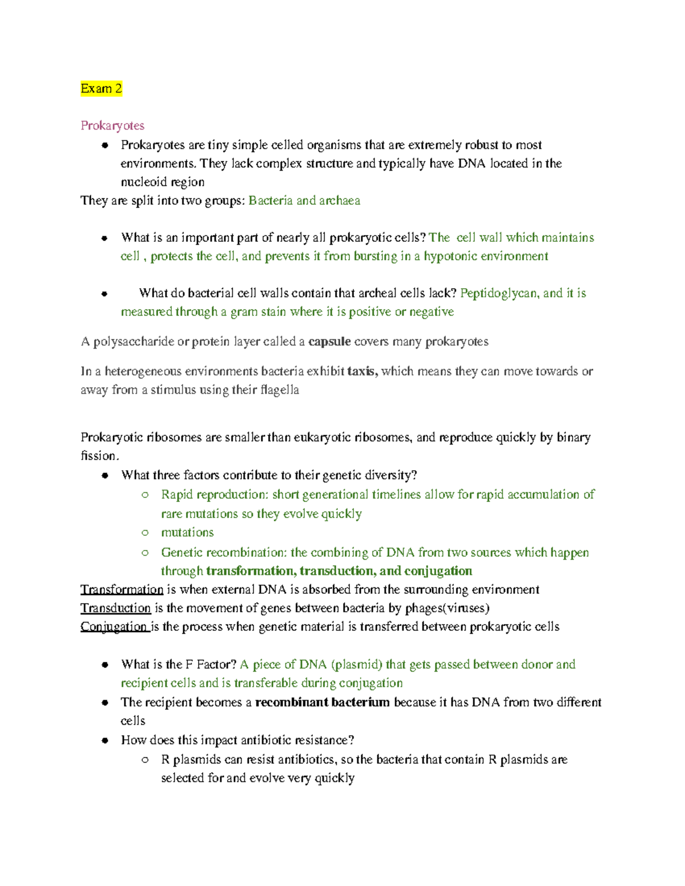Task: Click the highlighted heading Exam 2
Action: coord(101,88)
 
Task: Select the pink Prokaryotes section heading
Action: coord(112,126)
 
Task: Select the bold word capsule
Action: coord(329,342)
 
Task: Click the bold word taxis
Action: coord(362,371)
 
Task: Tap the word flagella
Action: coord(279,390)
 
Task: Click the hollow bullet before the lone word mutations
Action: coord(145,532)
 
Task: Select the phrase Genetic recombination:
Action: coord(224,552)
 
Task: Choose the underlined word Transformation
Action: coord(122,589)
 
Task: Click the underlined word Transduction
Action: coord(115,608)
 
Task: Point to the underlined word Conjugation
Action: coord(114,626)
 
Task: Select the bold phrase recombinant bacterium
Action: coord(322,702)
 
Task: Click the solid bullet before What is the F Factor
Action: coord(104,665)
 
